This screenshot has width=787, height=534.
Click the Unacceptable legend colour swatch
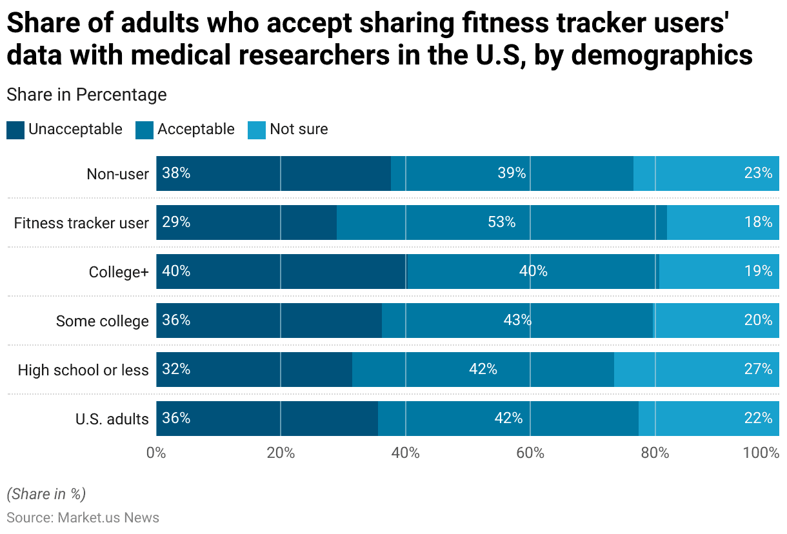(15, 130)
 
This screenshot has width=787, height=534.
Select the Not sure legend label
(299, 129)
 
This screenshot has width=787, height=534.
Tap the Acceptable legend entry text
(195, 129)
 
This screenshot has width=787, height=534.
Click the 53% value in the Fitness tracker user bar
(502, 222)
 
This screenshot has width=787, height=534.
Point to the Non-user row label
(118, 174)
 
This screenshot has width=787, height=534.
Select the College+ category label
(119, 272)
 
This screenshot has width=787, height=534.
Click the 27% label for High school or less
(758, 370)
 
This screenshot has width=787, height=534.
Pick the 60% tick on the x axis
(530, 453)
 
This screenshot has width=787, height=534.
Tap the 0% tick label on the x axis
(156, 453)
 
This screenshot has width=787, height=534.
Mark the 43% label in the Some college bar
(517, 321)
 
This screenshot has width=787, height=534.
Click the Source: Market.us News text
(83, 518)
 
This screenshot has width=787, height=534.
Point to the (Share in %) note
(46, 494)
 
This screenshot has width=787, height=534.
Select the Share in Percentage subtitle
(86, 95)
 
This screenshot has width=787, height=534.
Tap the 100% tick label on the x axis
(761, 453)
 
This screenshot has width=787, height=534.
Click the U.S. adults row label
(112, 419)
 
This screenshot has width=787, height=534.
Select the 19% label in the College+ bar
(758, 272)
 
